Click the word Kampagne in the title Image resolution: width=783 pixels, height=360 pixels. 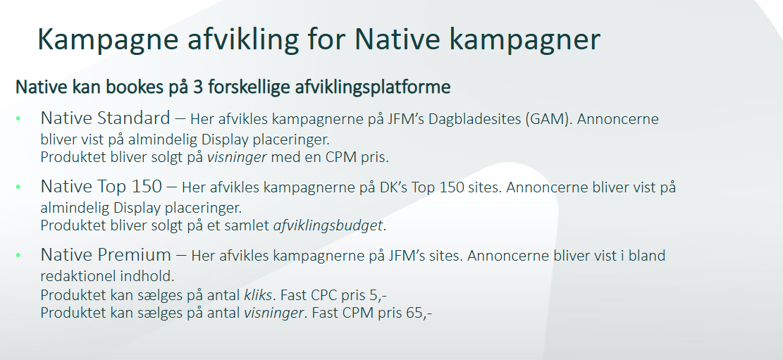[x=108, y=39]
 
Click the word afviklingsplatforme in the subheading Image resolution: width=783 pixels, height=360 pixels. [x=373, y=87]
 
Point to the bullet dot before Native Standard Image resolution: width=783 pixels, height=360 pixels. [x=18, y=119]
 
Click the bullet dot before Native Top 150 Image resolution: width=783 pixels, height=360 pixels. [x=18, y=187]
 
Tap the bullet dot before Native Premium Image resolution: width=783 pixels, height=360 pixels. [x=18, y=255]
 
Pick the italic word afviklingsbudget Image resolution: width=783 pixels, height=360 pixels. [x=328, y=225]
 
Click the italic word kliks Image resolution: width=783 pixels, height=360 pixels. [x=258, y=295]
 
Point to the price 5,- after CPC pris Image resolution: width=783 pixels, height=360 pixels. [x=378, y=295]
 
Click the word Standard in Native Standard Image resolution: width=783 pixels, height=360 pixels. [x=134, y=118]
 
